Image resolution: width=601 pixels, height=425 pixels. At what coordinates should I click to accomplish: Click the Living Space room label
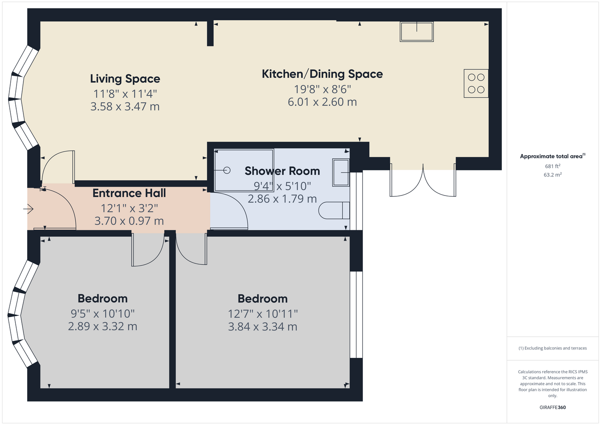coord(125,79)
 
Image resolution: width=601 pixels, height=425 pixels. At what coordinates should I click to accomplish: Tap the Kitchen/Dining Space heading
coord(322,74)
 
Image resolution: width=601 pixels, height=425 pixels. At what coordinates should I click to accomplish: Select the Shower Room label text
coord(282,171)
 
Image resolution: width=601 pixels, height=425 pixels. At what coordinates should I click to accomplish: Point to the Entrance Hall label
coord(129,193)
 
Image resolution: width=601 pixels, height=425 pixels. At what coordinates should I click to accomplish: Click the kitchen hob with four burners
coord(476,83)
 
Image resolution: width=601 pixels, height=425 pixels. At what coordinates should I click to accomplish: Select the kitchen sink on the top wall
coord(417,31)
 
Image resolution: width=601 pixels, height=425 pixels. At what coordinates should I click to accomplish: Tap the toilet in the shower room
coord(334,210)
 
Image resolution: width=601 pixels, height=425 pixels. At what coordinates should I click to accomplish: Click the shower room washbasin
coord(341,173)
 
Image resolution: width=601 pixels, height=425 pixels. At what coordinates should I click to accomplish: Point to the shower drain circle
coord(227,170)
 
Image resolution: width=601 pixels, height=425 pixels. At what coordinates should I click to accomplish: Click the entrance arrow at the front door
coord(28,209)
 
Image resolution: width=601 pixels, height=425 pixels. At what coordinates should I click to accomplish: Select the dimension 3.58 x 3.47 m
coord(125,106)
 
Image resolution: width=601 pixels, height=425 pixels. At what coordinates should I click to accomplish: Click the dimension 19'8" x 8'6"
coord(322,89)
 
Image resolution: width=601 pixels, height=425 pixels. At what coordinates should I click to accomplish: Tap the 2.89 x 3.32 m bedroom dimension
coord(103,326)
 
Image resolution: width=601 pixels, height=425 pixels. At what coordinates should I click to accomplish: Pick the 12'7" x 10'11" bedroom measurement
coord(263,314)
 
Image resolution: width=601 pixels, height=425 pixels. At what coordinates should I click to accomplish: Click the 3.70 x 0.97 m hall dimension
coord(129,221)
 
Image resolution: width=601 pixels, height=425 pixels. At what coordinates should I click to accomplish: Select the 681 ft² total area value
coord(553,166)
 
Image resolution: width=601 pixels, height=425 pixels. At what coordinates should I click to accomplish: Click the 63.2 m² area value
coord(553,175)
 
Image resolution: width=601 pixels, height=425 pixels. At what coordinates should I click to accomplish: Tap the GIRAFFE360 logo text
coord(553,407)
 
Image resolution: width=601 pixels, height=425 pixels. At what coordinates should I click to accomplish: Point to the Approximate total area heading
coord(553,156)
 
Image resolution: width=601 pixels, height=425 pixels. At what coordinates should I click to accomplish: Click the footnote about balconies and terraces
coord(553,348)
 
